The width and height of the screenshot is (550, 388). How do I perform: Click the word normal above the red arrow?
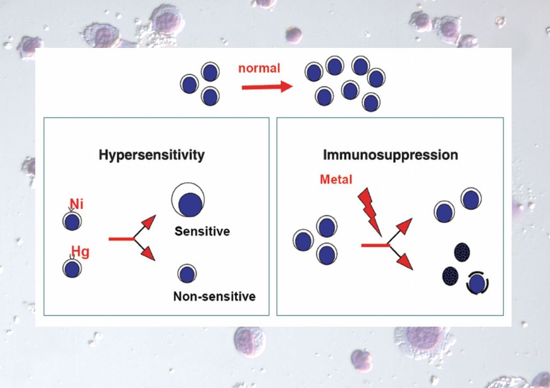259,68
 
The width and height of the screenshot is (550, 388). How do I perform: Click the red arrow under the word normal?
265,87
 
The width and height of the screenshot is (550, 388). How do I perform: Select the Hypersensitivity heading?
151,156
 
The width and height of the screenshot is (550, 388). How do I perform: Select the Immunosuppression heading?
390,156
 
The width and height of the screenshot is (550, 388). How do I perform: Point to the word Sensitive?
202,232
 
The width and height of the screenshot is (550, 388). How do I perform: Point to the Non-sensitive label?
214,297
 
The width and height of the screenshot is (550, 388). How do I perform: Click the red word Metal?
336,179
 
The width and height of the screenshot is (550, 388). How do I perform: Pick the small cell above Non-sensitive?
186,274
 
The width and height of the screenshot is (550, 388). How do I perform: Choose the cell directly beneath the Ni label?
72,221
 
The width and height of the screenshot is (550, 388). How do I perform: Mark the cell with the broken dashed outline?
476,283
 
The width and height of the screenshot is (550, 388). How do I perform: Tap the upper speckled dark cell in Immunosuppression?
462,252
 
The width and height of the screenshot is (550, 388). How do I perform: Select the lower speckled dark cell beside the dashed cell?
450,276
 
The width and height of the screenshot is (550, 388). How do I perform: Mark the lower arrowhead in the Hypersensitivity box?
149,255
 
